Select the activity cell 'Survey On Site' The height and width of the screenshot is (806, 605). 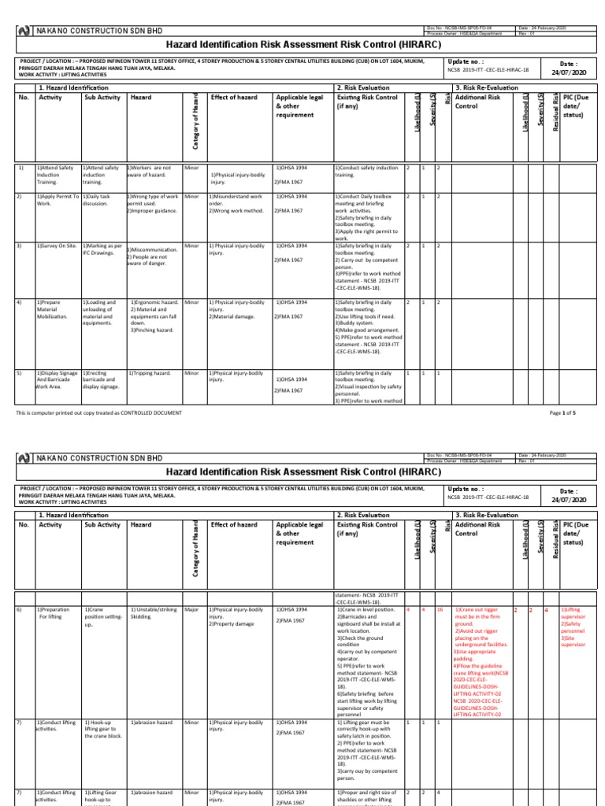[x=56, y=246]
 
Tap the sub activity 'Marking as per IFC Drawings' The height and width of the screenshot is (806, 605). [x=102, y=250]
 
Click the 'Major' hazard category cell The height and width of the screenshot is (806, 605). [x=191, y=610]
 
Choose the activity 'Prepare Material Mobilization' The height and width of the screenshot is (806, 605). [x=56, y=309]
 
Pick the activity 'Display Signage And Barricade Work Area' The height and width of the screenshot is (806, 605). [x=58, y=379]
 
